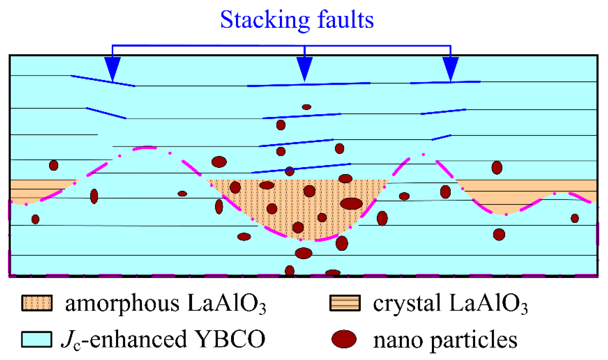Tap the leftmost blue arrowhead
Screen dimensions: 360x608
click(112, 67)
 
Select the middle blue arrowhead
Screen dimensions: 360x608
click(304, 67)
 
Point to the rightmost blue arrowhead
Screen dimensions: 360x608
click(450, 67)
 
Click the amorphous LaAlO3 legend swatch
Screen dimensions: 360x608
click(37, 303)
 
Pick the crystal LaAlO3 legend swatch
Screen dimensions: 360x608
click(345, 303)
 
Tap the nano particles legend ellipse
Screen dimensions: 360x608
click(344, 339)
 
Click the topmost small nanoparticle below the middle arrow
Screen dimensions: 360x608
click(306, 107)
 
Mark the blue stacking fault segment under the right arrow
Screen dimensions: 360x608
click(445, 82)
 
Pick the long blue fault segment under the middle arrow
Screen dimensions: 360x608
click(309, 85)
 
